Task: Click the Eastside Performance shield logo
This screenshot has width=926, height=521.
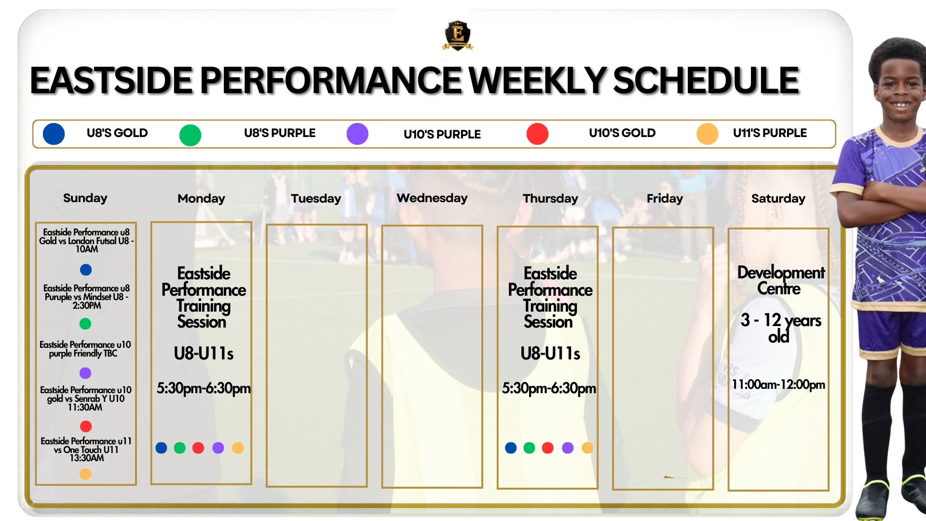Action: coord(458,35)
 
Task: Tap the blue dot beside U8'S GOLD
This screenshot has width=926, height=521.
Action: coord(54,134)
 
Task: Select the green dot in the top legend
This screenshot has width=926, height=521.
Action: coord(190,135)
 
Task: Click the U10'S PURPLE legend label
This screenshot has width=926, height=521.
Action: coord(442,134)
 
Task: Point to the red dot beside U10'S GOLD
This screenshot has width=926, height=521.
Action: coord(537,134)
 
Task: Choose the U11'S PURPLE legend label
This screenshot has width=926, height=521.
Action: coord(770,133)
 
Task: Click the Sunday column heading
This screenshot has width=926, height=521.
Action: coord(85,198)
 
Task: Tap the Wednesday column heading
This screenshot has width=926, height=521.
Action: coord(432,198)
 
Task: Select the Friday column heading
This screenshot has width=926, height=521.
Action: coord(665,198)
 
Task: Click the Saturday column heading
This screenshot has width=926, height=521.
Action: coord(778,198)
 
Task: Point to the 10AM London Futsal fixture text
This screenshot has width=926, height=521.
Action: coord(86,240)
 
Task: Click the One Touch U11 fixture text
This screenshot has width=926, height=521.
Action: coord(86,449)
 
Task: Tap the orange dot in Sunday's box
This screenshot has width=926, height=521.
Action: coord(85,474)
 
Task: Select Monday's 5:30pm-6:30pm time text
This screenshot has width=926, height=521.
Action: coord(204,388)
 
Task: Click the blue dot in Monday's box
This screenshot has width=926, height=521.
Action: coord(162,448)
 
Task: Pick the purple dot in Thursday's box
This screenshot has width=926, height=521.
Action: coord(568,448)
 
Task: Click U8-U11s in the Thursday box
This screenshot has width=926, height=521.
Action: coord(550,354)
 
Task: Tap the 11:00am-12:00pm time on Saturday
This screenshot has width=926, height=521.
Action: coord(778,384)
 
